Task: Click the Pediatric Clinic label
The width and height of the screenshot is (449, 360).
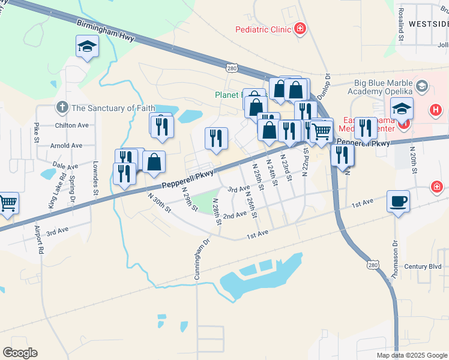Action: coord(262,29)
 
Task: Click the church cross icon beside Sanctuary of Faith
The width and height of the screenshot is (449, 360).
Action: coord(61,108)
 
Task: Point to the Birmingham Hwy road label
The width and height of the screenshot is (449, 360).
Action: coord(106,29)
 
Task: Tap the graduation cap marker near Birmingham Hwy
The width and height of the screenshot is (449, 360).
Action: coord(87,46)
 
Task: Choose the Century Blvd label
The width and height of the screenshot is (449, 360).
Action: coord(423,266)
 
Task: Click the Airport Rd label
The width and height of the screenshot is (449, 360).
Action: coord(40,241)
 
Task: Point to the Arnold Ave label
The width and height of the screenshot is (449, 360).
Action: coord(66,145)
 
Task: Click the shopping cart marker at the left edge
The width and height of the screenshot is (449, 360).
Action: coord(8,203)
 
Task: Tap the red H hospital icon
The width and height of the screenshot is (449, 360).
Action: coord(436,110)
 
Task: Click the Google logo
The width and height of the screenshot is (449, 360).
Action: coord(20,353)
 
